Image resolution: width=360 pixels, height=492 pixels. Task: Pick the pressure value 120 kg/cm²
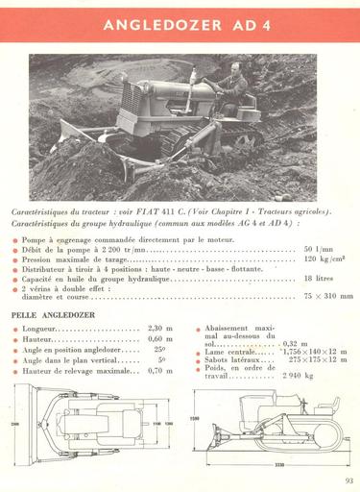click(324, 258)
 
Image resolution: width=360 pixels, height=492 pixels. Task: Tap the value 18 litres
click(322, 278)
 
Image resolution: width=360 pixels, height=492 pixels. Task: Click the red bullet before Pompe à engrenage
click(15, 238)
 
